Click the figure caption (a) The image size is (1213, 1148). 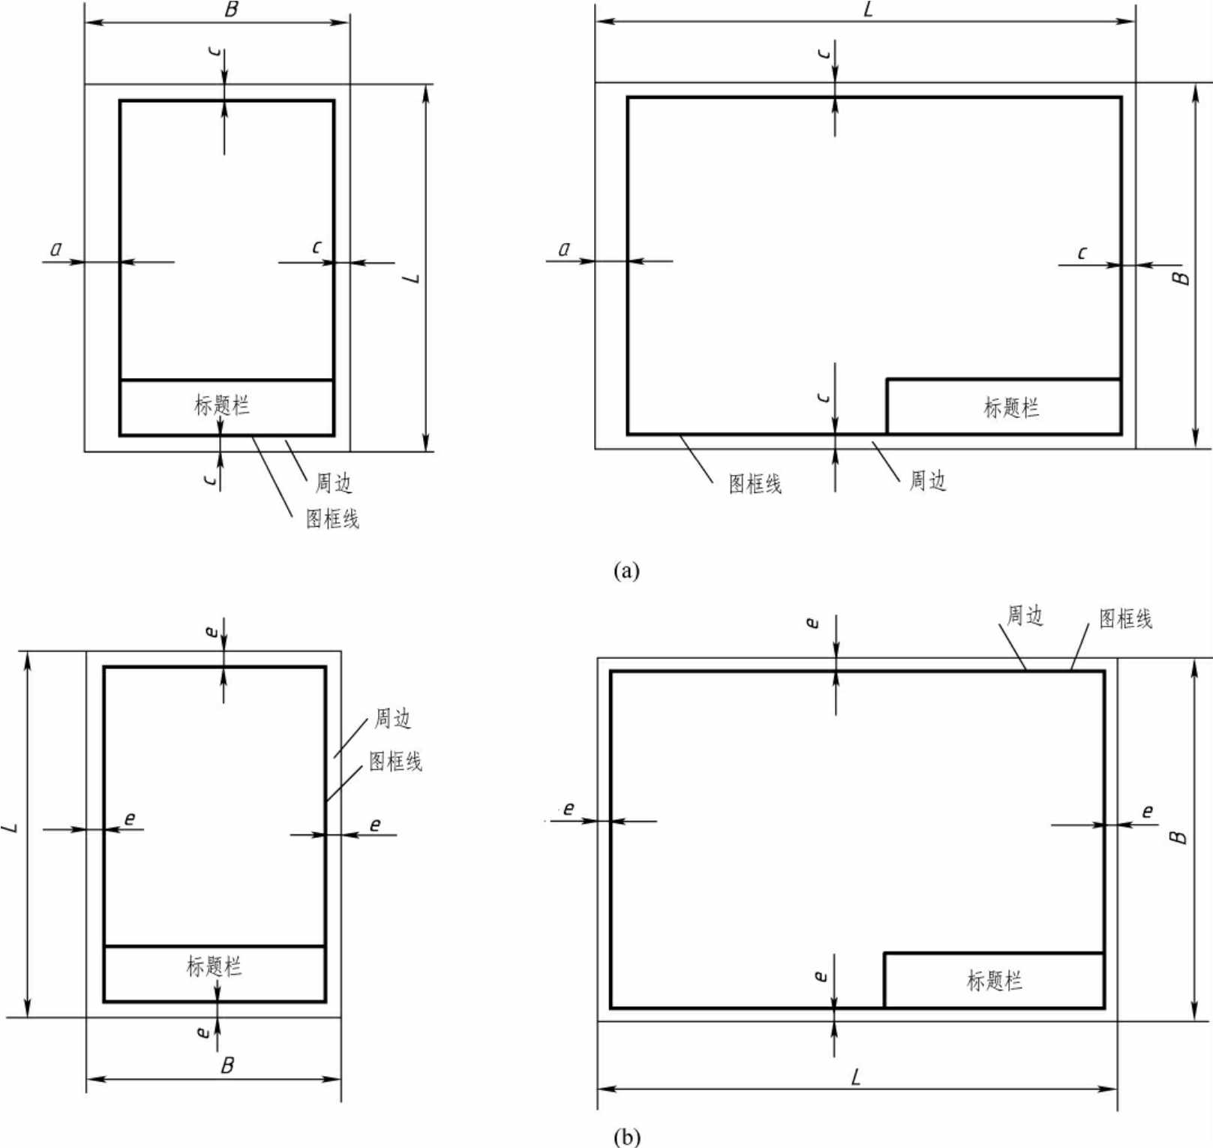click(x=626, y=571)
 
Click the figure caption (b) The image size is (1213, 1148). click(x=627, y=1137)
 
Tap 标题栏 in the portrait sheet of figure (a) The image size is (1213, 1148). click(x=222, y=405)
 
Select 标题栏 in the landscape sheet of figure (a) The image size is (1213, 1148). click(x=1011, y=407)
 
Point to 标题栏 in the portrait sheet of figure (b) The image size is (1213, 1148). click(x=215, y=966)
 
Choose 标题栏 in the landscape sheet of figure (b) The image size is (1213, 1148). click(x=995, y=980)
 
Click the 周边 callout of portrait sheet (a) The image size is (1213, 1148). click(x=333, y=482)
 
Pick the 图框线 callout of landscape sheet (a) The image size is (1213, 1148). click(x=755, y=484)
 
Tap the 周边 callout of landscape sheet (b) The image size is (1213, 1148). click(x=1025, y=615)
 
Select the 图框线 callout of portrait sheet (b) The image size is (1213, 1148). click(x=395, y=761)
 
